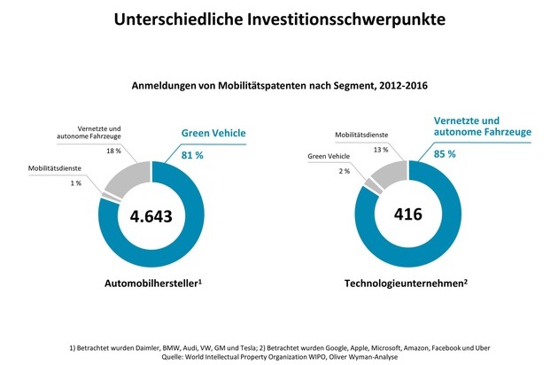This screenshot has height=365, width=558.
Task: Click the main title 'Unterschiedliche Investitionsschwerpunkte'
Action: click(x=278, y=19)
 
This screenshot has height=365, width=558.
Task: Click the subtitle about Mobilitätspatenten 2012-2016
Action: click(x=279, y=86)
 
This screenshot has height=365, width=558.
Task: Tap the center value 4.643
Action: click(x=151, y=215)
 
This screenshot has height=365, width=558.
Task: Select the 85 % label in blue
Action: click(x=446, y=153)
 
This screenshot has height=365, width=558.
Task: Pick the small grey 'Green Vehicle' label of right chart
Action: click(x=329, y=158)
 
